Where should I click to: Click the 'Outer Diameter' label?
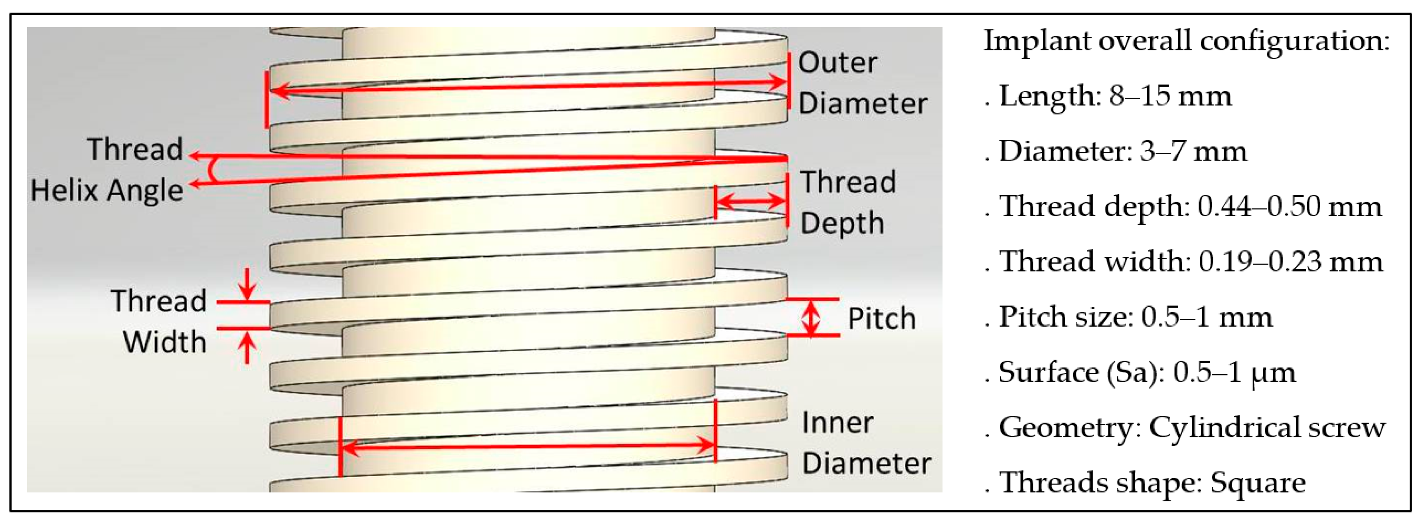(862, 83)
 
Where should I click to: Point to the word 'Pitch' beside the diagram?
(882, 319)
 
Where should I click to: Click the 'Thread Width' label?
(159, 322)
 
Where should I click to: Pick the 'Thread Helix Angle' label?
(107, 170)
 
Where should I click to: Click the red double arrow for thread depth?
(751, 200)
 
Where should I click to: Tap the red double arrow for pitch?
(810, 317)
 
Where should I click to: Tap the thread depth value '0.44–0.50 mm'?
(1290, 206)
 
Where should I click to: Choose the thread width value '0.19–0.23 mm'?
(1291, 262)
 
